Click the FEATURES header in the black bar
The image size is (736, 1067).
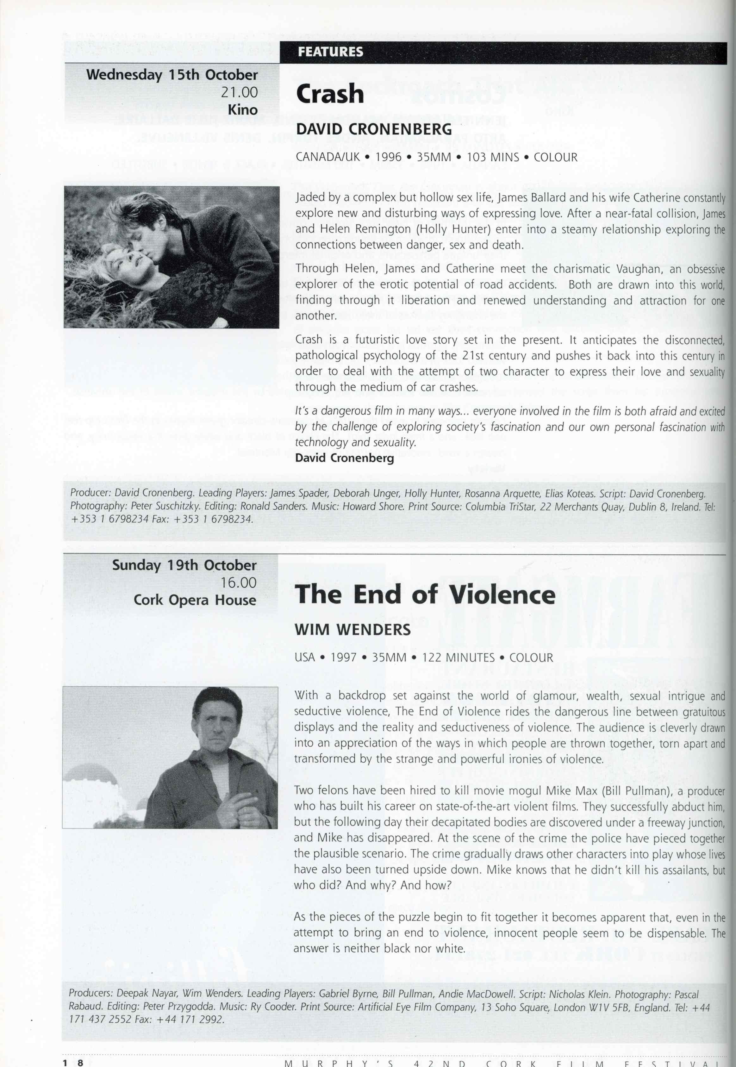330,52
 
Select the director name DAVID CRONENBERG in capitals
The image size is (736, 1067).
373,129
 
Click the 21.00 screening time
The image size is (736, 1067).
239,92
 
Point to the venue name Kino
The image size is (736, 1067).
243,110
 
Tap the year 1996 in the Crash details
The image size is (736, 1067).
388,157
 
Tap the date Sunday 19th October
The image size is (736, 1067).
184,565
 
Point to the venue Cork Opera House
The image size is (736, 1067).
195,600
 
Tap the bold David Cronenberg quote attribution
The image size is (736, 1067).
345,458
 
